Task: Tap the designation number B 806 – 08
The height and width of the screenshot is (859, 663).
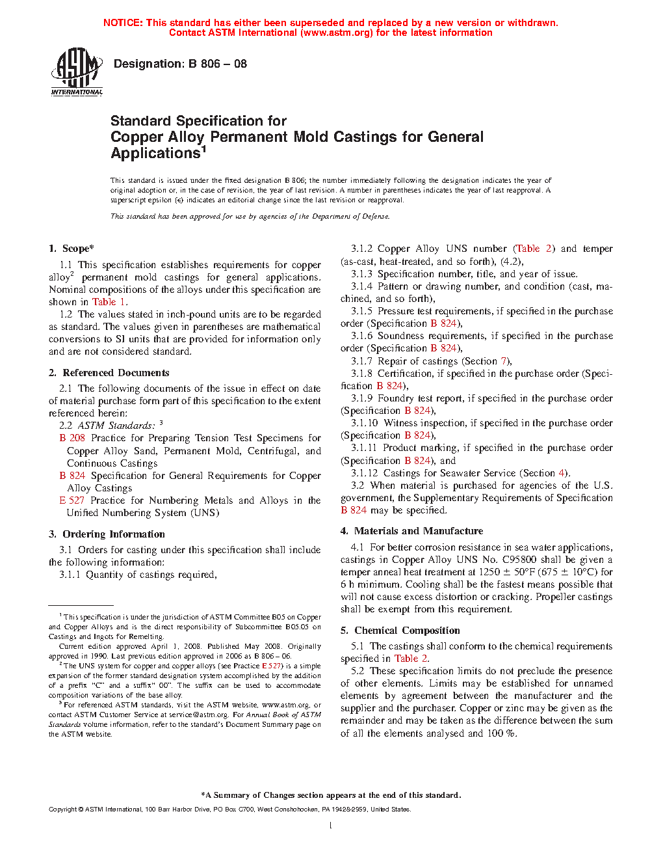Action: pos(217,64)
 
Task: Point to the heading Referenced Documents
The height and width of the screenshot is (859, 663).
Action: pos(116,373)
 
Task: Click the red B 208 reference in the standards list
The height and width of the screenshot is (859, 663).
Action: pos(72,438)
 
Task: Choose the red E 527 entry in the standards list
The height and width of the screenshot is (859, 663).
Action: pos(71,500)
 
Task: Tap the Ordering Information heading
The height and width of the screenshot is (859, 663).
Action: pos(113,534)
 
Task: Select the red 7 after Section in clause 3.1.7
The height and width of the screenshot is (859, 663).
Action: pos(503,361)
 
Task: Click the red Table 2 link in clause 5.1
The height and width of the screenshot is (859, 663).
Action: pos(411,659)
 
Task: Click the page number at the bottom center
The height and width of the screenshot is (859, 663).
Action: pos(331,826)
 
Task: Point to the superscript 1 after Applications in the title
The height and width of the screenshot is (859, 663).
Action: pos(203,149)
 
